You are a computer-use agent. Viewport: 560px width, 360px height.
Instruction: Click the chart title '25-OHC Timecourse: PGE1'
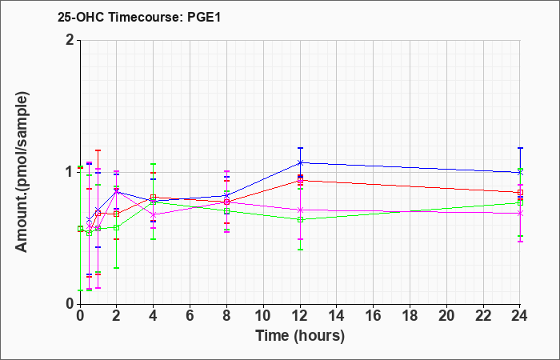[x=139, y=17]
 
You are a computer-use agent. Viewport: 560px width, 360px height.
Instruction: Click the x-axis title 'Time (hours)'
[x=300, y=336]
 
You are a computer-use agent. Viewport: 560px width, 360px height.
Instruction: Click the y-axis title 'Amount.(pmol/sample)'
[x=22, y=172]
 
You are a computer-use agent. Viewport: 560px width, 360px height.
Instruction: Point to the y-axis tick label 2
[x=70, y=40]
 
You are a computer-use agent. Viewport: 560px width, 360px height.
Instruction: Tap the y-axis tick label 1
[x=70, y=172]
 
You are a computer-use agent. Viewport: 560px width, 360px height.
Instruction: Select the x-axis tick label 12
[x=300, y=316]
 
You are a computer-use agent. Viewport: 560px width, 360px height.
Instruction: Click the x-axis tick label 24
[x=520, y=316]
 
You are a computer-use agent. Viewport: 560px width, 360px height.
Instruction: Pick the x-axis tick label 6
[x=190, y=316]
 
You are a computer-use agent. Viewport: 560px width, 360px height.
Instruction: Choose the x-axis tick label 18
[x=410, y=316]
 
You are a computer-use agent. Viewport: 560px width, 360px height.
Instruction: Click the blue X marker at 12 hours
[x=300, y=163]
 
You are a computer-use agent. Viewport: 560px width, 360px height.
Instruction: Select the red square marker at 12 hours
[x=300, y=180]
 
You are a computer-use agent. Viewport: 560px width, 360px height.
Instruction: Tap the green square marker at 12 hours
[x=300, y=220]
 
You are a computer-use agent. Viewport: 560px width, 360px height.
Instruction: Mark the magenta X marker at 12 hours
[x=300, y=210]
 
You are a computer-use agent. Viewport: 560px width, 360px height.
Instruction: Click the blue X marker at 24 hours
[x=520, y=173]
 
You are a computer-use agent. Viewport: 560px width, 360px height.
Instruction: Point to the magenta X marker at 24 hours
[x=520, y=214]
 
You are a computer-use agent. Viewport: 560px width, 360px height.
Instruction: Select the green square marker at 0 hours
[x=80, y=229]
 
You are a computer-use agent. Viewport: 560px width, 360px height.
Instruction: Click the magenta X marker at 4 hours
[x=154, y=214]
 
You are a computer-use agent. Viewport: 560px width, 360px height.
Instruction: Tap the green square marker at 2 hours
[x=117, y=227]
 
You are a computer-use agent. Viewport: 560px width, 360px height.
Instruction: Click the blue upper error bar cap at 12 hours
[x=300, y=148]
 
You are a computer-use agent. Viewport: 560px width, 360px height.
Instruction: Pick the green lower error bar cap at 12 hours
[x=300, y=250]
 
